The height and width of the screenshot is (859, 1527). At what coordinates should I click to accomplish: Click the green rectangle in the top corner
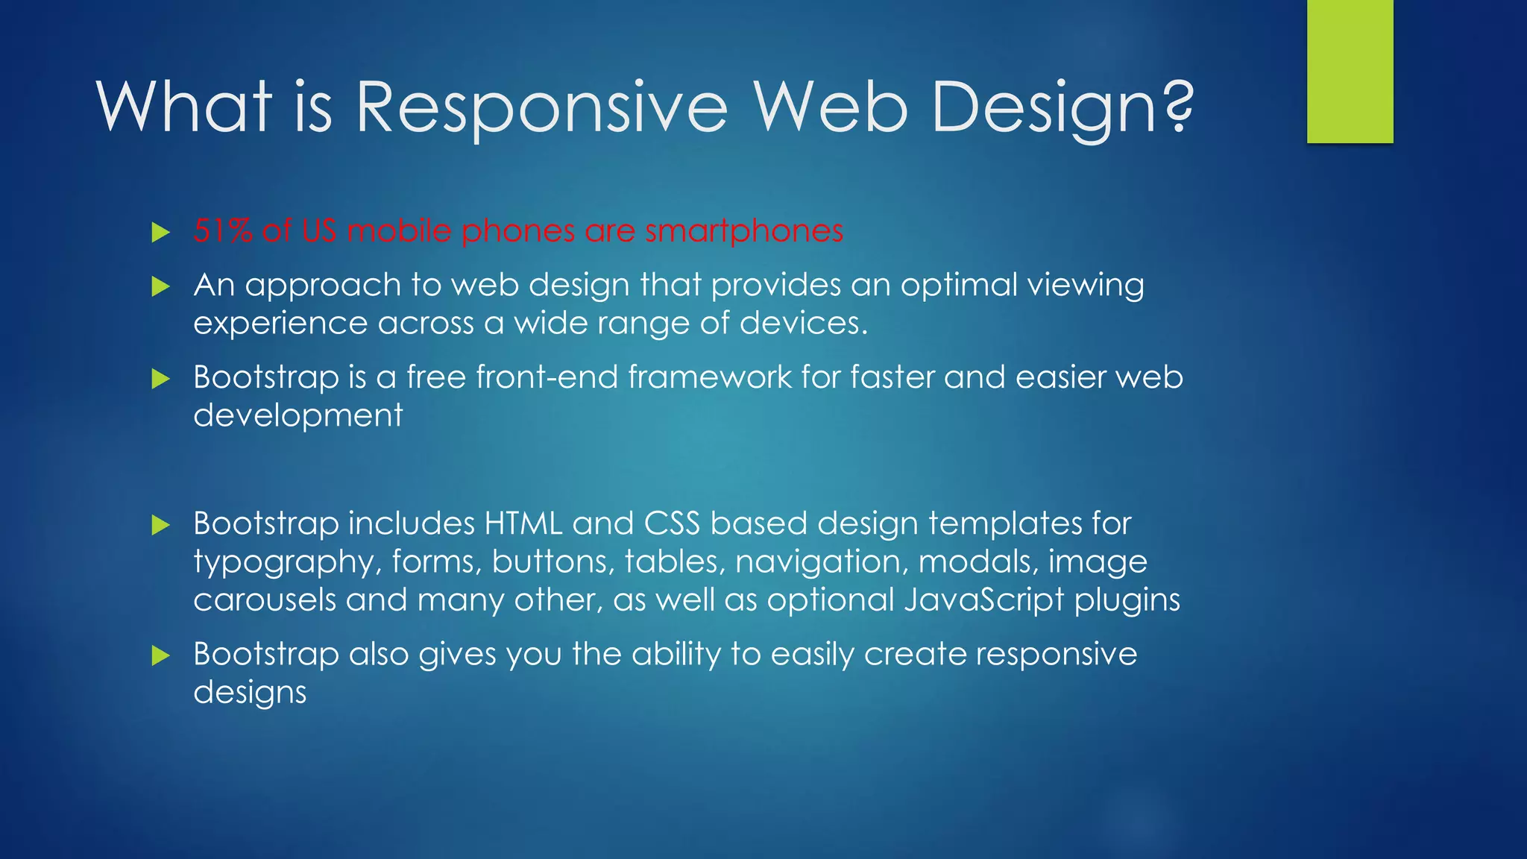point(1350,71)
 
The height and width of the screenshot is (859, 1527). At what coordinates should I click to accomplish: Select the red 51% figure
point(223,230)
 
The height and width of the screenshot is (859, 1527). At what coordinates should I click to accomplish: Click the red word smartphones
point(743,230)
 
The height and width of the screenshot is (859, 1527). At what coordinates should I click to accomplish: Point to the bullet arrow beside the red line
point(160,232)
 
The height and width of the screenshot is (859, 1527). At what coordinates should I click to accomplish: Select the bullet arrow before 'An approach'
point(160,286)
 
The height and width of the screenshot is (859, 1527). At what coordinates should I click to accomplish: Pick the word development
point(297,415)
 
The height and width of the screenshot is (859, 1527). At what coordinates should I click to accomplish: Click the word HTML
point(523,523)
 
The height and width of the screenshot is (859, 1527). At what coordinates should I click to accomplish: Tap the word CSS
point(672,523)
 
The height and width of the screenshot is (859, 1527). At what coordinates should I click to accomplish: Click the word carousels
point(265,600)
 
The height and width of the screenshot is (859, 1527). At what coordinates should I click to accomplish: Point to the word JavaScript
point(983,600)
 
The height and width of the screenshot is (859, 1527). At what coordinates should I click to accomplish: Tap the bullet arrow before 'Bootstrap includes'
point(160,525)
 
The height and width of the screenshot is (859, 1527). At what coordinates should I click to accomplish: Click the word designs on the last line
point(250,693)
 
